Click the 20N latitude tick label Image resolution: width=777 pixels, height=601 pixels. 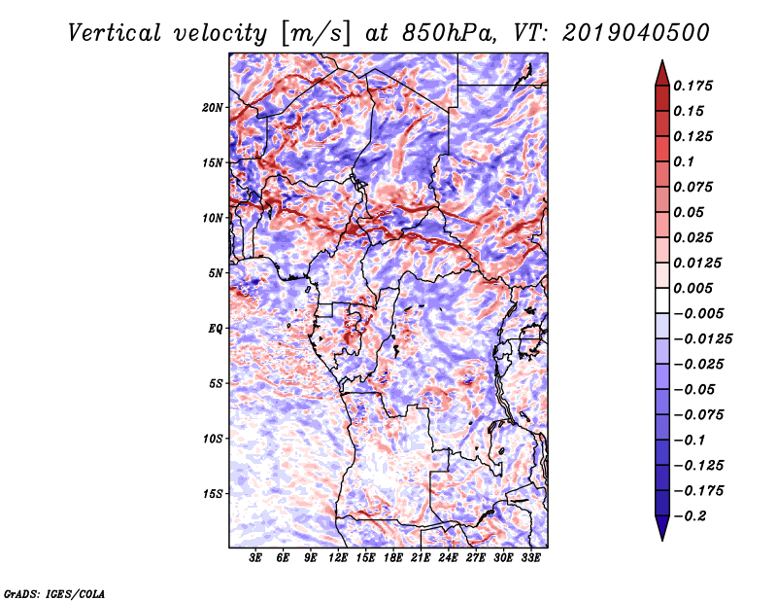pyautogui.click(x=213, y=108)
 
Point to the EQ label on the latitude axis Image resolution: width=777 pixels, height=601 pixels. pyautogui.click(x=216, y=329)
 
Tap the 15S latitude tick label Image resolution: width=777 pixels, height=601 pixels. pyautogui.click(x=213, y=494)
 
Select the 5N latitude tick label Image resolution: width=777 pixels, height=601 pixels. pyautogui.click(x=216, y=273)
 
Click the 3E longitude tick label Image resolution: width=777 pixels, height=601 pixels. pyautogui.click(x=255, y=558)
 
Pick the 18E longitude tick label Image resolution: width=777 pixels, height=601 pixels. pyautogui.click(x=393, y=558)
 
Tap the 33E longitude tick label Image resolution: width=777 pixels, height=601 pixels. pyautogui.click(x=530, y=558)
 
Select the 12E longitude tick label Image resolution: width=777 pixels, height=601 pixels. pyautogui.click(x=338, y=558)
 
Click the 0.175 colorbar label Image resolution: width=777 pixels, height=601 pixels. pyautogui.click(x=693, y=86)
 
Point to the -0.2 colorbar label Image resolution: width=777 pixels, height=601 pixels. pyautogui.click(x=690, y=516)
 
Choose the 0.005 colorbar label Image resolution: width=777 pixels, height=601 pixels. pyautogui.click(x=693, y=288)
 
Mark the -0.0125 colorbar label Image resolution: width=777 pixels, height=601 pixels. pyautogui.click(x=702, y=339)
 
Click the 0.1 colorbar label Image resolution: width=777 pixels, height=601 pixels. pyautogui.click(x=684, y=161)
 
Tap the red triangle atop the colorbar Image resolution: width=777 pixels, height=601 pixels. pyautogui.click(x=662, y=74)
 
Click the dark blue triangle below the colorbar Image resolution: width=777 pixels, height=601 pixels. pyautogui.click(x=662, y=528)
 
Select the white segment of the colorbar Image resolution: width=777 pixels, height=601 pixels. pyautogui.click(x=662, y=300)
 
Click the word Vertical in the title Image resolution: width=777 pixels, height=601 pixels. pyautogui.click(x=115, y=33)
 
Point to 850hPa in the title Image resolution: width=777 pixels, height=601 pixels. pyautogui.click(x=449, y=33)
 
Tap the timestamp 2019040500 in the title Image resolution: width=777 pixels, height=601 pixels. pyautogui.click(x=636, y=33)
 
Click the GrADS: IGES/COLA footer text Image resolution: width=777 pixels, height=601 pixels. pyautogui.click(x=54, y=593)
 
